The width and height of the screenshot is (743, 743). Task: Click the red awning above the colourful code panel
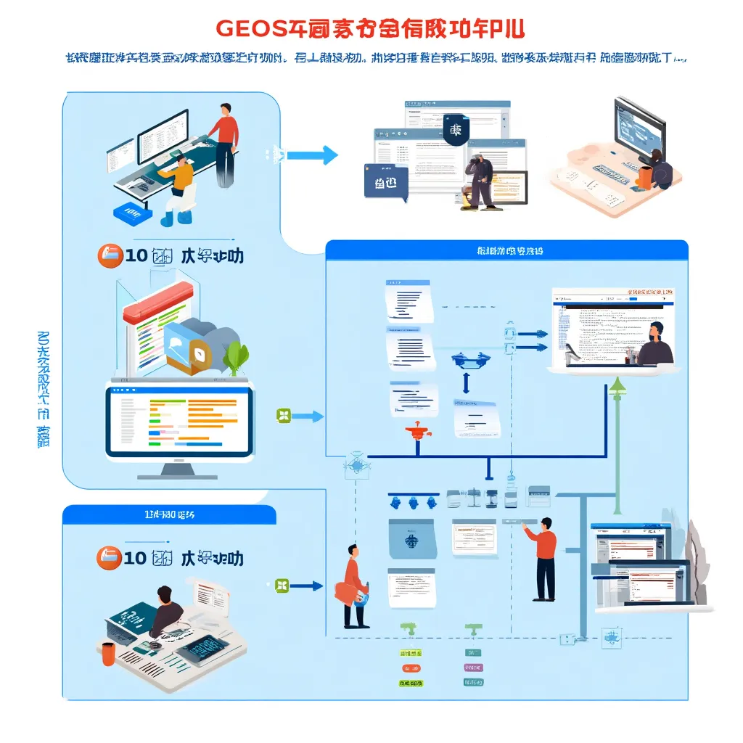[x=157, y=303]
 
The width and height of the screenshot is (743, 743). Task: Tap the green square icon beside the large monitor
[x=284, y=416]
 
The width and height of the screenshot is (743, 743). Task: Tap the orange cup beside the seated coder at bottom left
[x=108, y=653]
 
